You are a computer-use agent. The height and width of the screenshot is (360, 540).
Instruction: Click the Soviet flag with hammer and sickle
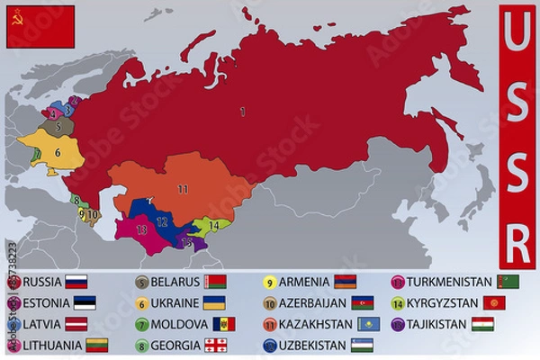tap(40, 26)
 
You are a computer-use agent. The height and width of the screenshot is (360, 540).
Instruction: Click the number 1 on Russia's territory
tap(242, 112)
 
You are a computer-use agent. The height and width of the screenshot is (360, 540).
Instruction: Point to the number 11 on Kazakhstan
tap(183, 189)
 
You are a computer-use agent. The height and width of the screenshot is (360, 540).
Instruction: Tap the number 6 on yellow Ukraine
tap(57, 152)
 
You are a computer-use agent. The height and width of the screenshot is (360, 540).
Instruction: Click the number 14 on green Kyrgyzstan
tap(213, 225)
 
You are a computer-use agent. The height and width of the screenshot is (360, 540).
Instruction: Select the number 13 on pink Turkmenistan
tap(141, 229)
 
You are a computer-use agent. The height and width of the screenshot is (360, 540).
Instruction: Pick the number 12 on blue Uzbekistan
tap(162, 220)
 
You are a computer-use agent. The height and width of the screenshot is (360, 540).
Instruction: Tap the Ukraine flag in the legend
tap(214, 303)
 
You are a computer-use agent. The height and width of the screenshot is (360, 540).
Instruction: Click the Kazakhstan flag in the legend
tap(369, 324)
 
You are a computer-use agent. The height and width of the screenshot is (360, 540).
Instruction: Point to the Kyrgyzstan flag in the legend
tap(494, 303)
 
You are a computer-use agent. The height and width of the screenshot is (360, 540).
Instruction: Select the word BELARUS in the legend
tap(175, 282)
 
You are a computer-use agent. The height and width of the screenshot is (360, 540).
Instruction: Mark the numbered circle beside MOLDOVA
tap(142, 325)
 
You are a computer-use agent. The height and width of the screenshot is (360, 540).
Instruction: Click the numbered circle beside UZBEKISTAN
tap(270, 346)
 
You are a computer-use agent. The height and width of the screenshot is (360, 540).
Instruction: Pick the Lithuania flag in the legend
tap(97, 346)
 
